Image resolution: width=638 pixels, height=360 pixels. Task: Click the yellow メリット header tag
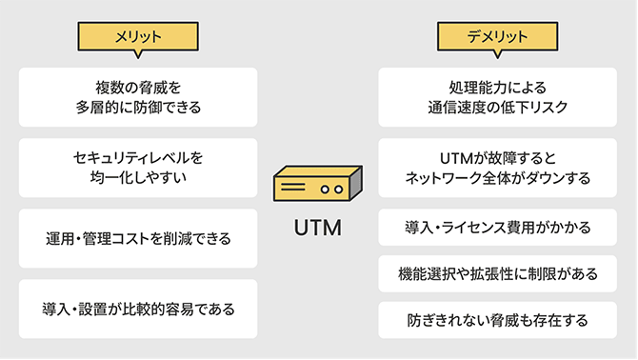click(138, 36)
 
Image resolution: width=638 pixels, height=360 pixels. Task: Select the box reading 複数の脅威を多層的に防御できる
click(138, 97)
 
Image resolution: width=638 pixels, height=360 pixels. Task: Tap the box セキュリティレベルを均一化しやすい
click(138, 168)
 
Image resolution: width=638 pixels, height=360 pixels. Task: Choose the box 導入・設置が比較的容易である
click(138, 309)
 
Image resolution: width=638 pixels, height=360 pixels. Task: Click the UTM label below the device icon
click(318, 231)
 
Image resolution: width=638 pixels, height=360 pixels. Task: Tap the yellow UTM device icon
click(318, 186)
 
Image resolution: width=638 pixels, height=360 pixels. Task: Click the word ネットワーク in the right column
click(439, 178)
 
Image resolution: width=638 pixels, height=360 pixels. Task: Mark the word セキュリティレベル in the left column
click(130, 156)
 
